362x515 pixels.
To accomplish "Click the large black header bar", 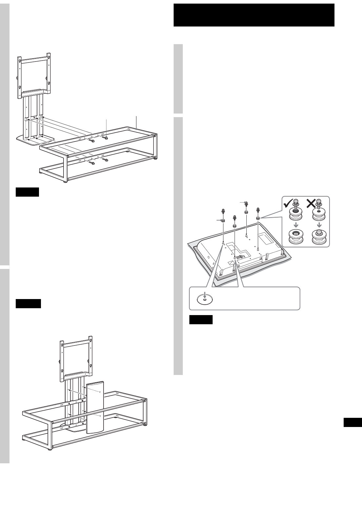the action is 254,15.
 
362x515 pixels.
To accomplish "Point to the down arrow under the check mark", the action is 295,225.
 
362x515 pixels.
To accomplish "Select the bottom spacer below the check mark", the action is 295,237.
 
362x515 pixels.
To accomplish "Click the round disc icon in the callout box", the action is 205,298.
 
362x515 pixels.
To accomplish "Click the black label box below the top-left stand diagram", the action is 27,192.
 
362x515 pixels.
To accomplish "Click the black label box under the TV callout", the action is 201,320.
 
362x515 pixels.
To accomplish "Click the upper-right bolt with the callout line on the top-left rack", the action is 106,137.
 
